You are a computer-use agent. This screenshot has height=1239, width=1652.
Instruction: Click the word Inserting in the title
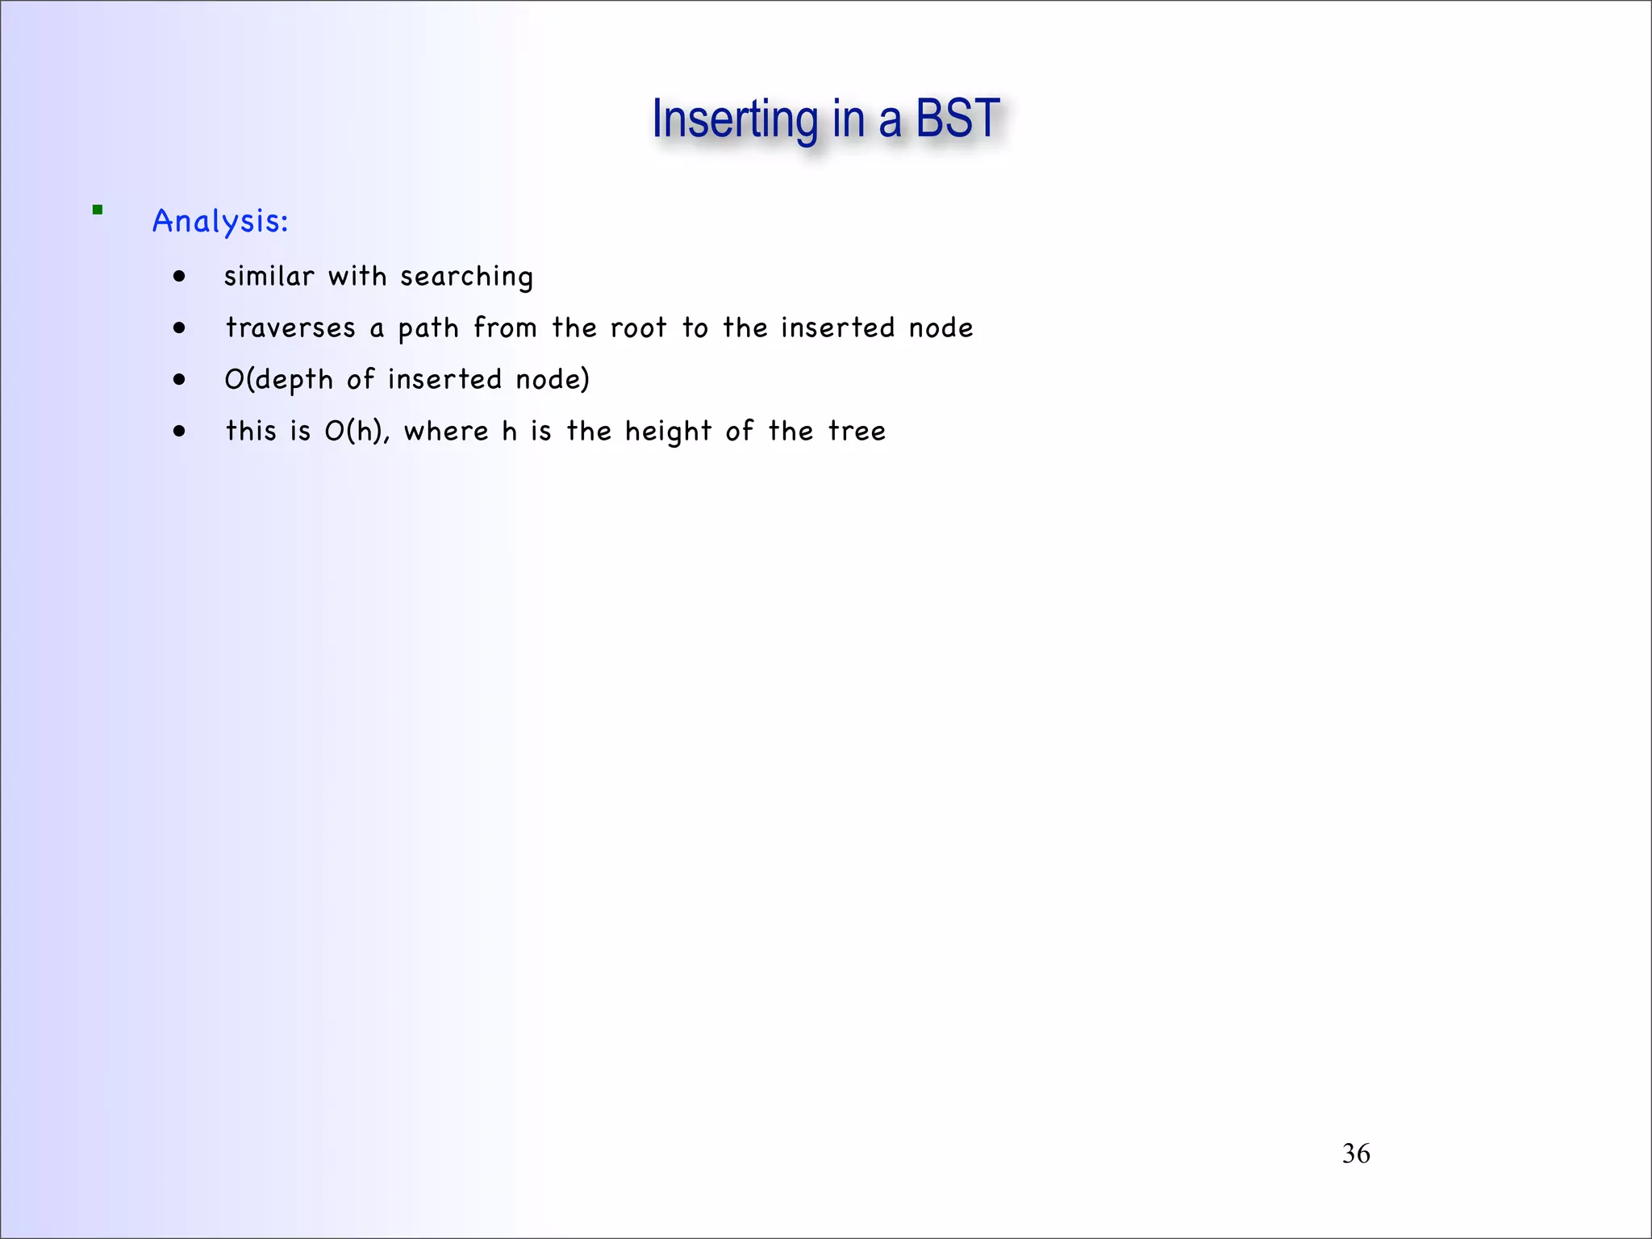[x=735, y=119]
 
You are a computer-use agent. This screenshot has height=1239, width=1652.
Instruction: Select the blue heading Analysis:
[x=220, y=221]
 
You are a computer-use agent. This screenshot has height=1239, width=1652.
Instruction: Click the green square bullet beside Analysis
[x=98, y=210]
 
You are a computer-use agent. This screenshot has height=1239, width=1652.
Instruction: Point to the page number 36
[x=1356, y=1153]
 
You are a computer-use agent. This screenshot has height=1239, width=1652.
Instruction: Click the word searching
[x=466, y=277]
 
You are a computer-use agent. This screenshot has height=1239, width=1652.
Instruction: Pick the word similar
[x=269, y=277]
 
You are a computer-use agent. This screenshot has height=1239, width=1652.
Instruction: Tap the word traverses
[x=290, y=328]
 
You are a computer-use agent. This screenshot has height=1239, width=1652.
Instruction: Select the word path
[x=428, y=328]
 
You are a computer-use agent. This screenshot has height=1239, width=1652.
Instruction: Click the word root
[x=638, y=328]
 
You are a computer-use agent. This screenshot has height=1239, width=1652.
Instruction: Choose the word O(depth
[x=278, y=380]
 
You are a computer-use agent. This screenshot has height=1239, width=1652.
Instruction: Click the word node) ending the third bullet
[x=553, y=380]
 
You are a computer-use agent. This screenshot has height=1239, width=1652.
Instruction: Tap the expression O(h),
[x=357, y=432]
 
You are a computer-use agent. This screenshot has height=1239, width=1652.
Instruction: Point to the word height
[x=668, y=432]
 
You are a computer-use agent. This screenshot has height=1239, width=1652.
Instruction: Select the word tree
[x=857, y=432]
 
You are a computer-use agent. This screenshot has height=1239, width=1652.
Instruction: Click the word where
[x=446, y=432]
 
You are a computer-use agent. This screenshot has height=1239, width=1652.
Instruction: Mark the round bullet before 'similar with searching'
[x=179, y=277]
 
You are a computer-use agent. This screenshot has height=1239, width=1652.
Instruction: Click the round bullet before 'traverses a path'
[x=179, y=328]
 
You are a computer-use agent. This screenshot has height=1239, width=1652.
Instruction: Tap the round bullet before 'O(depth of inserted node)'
[x=179, y=380]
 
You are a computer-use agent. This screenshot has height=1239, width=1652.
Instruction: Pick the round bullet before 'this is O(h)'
[x=179, y=432]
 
